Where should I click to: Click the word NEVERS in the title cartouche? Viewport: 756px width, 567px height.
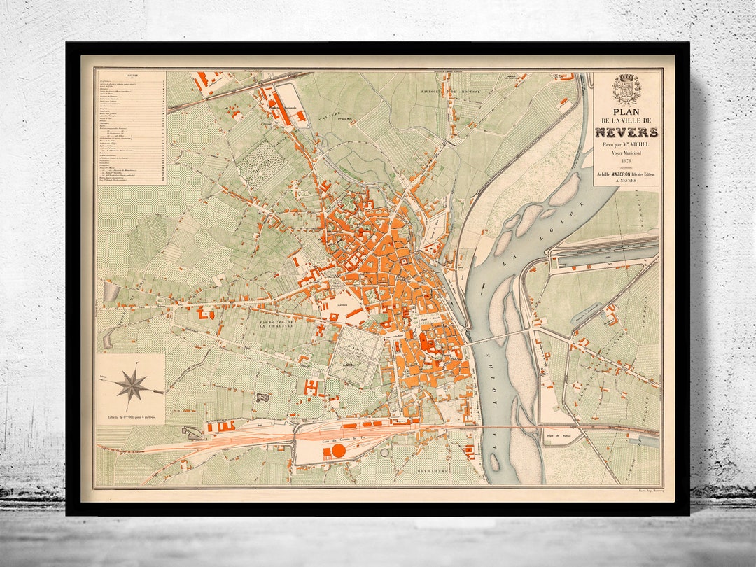pos(626,132)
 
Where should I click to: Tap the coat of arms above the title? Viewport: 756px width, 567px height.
pos(626,89)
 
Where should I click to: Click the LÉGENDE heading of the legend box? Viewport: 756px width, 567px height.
pos(131,76)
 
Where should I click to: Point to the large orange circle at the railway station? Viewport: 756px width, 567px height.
pos(338,451)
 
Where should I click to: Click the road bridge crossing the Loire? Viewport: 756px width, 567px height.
pos(498,338)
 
